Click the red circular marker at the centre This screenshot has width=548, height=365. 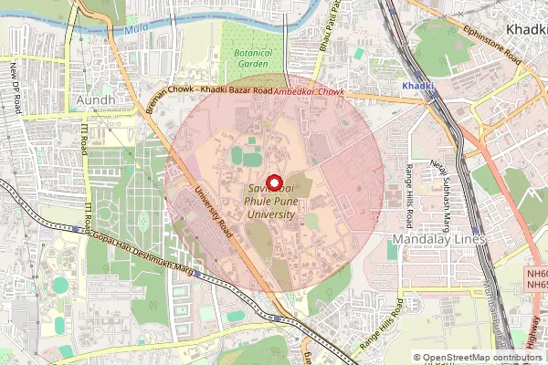[274, 182]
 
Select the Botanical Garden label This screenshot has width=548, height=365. [252, 59]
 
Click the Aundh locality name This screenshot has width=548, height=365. [96, 99]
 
